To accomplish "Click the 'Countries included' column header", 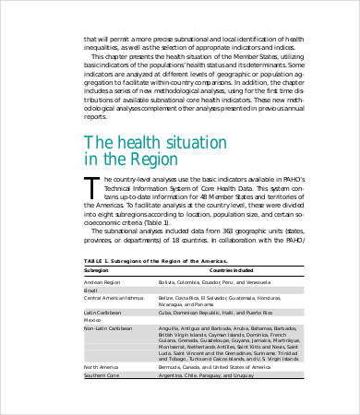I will [186, 271].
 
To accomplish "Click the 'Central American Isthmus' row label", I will [114, 298].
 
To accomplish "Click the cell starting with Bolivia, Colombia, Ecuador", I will [212, 280].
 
